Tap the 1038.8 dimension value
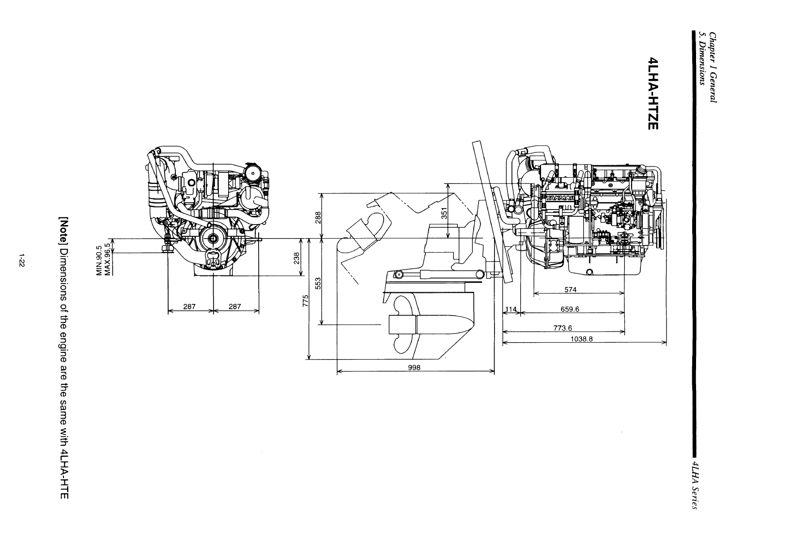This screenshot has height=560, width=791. pos(582,339)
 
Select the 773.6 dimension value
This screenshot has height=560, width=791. pos(562,328)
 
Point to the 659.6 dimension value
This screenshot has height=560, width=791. pos(570,309)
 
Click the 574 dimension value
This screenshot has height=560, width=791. pos(570,290)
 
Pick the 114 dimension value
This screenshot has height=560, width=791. pos(511,309)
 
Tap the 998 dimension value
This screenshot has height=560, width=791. pos(414,368)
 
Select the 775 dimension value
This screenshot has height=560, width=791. pos(306,301)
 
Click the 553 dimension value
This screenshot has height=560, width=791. pos(318,283)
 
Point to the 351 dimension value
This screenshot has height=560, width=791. pos(444,213)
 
